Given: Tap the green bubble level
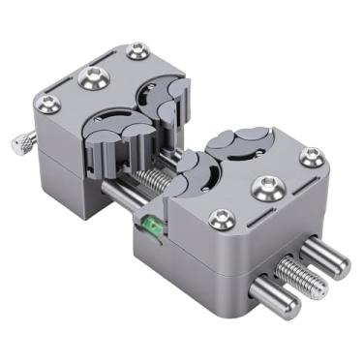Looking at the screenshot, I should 151,226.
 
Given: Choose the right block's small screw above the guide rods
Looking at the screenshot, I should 311,156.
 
